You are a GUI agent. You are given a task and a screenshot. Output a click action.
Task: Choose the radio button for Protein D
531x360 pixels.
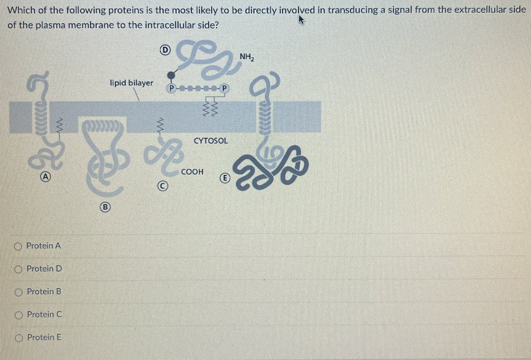(19, 269)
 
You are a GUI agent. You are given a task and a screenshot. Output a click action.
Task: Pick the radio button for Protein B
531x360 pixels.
(19, 292)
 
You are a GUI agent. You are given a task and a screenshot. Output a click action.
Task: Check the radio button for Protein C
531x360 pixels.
(19, 315)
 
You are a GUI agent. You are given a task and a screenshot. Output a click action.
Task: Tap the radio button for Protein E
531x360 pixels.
(19, 338)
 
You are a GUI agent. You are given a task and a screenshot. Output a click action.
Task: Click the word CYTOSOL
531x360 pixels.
(210, 140)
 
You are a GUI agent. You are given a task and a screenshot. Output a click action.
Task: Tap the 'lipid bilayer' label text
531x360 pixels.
(131, 83)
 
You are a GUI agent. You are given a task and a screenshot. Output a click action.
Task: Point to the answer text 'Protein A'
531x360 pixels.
(43, 246)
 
